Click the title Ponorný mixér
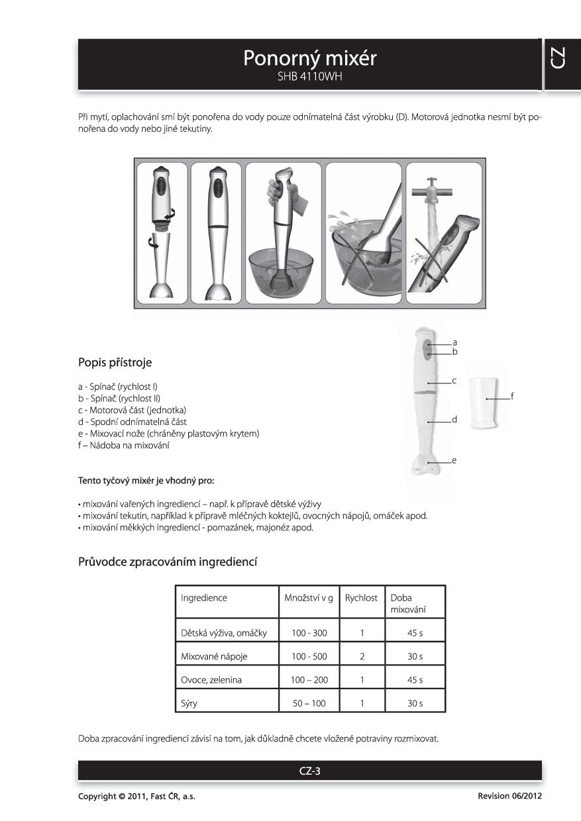pos(309,59)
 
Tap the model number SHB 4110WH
pos(309,77)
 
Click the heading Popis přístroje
pos(115,362)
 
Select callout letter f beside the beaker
pos(512,397)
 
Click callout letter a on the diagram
pos(455,342)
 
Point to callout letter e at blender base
pos(454,459)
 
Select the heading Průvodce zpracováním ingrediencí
pos(168,562)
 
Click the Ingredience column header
pos(204,598)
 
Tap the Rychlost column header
pos(361,598)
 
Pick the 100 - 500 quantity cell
pos(309,657)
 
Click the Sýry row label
pos(189,703)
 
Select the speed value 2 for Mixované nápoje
pos(362,657)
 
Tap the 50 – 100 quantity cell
pos(309,703)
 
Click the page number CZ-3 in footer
pos(310,771)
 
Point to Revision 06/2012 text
pos(509,796)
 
